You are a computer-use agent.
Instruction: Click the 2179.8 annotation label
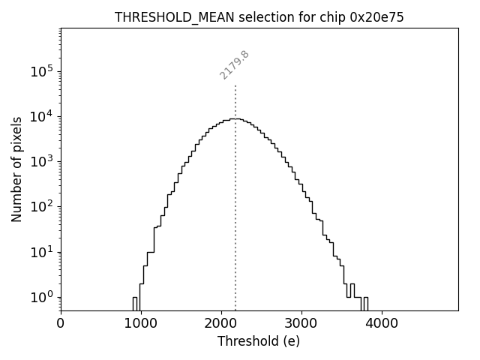(x=235, y=65)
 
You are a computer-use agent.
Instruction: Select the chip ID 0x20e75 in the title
(x=376, y=17)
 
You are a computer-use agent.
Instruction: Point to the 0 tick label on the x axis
(x=61, y=324)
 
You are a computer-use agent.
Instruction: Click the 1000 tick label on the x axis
(x=141, y=324)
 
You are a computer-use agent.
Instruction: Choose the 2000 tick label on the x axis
(x=221, y=324)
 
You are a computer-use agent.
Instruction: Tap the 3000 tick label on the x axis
(x=301, y=324)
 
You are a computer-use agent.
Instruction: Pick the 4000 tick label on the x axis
(x=382, y=324)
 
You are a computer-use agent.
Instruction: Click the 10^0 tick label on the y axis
(x=42, y=297)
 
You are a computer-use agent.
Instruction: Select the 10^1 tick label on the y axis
(x=42, y=252)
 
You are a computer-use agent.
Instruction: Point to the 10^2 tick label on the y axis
(x=42, y=207)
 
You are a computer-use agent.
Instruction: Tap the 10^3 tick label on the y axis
(x=42, y=162)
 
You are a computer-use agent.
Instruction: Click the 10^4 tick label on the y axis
(x=42, y=117)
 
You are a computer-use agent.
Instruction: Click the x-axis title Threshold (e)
(x=259, y=341)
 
